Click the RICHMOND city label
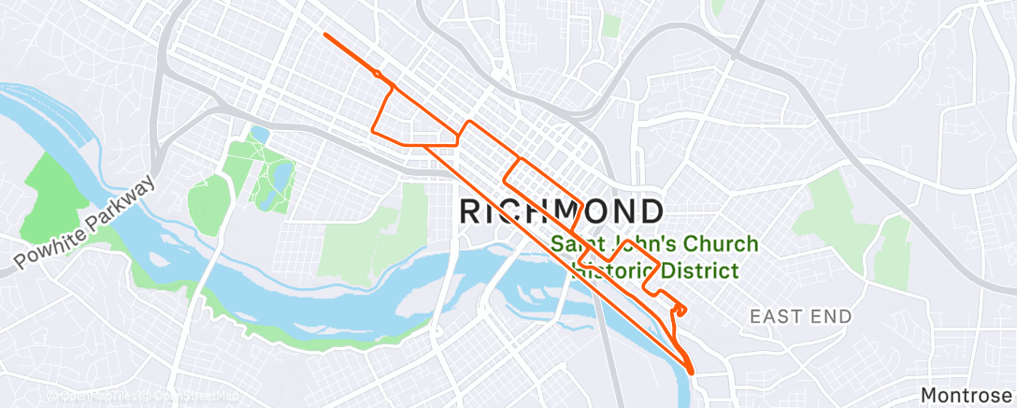tap(562, 211)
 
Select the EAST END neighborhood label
tap(801, 317)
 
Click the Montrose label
tap(967, 395)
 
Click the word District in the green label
tap(699, 271)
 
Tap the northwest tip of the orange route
tap(324, 35)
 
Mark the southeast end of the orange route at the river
tap(693, 372)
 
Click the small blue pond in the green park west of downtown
tap(259, 135)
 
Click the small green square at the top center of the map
tap(611, 25)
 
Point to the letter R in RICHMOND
tap(471, 211)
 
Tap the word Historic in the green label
tap(613, 271)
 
